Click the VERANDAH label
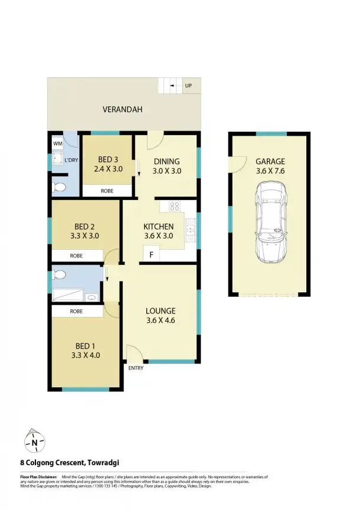(123, 110)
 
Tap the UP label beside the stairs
(189, 86)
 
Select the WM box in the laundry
(58, 143)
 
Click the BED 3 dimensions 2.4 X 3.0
(107, 169)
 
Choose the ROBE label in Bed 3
(107, 191)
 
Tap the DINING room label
(166, 161)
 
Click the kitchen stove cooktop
(175, 207)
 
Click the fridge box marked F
(151, 255)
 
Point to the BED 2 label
(85, 226)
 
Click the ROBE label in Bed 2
(76, 256)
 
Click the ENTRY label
(136, 368)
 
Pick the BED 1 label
(85, 345)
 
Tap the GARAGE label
(270, 161)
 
